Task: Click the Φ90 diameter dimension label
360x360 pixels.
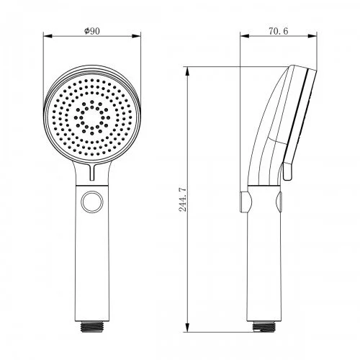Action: pos(92,31)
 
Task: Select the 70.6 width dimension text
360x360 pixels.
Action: pos(278,31)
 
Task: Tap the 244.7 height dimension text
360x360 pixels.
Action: pos(183,199)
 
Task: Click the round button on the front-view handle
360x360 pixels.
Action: pos(92,202)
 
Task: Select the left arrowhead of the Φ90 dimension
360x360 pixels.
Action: pos(48,36)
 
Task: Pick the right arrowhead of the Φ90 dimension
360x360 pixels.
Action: pos(136,36)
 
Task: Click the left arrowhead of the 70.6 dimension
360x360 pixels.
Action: pos(245,36)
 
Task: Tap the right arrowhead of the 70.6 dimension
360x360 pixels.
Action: pos(312,36)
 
